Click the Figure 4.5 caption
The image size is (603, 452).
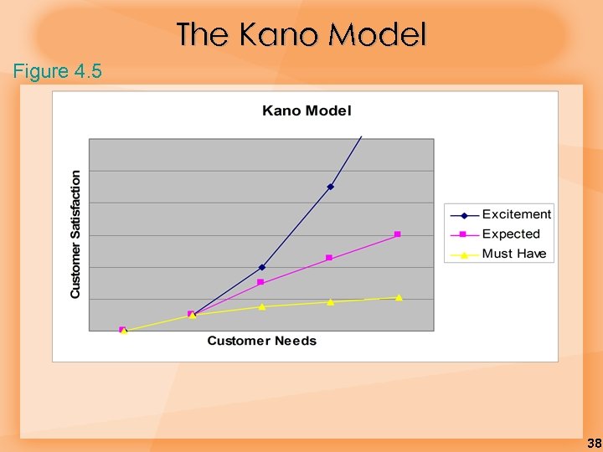click(58, 71)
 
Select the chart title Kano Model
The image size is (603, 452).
click(307, 110)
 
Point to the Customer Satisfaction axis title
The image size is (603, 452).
click(76, 234)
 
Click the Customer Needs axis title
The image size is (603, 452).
click(261, 341)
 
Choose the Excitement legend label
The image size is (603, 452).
click(516, 214)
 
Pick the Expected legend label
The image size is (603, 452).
click(511, 234)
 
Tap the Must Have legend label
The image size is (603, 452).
click(513, 254)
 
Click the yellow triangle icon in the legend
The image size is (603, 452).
click(463, 254)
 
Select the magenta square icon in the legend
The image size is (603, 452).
click(463, 234)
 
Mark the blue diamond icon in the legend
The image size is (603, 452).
click(463, 215)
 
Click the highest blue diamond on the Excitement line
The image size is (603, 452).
click(330, 187)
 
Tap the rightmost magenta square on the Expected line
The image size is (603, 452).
click(397, 234)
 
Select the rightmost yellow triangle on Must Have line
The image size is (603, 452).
click(399, 297)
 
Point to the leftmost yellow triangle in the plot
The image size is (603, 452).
click(124, 331)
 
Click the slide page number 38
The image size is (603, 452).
click(594, 443)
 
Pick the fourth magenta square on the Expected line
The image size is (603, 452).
click(329, 258)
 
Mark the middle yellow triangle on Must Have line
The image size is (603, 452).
click(262, 306)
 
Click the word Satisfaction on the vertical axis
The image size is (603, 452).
click(76, 206)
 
